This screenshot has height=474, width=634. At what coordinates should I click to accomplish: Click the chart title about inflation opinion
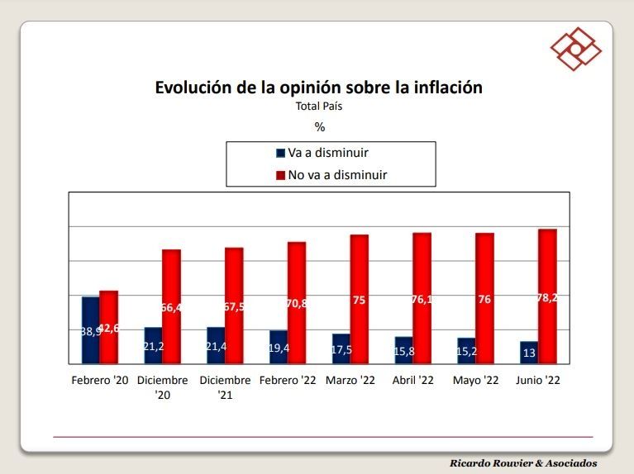coord(318,88)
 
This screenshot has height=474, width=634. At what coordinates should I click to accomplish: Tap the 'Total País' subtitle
coord(319,107)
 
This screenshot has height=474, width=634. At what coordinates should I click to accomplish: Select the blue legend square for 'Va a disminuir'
coord(280,153)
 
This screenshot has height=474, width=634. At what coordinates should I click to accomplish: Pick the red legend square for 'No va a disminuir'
coord(280,175)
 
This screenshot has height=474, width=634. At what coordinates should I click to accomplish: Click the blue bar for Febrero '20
coord(91,330)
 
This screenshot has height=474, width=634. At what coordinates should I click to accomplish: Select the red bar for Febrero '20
coord(109,327)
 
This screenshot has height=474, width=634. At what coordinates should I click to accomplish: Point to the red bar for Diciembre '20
coord(171,306)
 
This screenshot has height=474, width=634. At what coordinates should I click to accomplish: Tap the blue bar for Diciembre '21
coord(216,345)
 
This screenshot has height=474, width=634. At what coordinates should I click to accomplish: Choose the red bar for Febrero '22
coord(296,303)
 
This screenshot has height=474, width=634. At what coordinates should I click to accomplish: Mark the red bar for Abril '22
coord(422,298)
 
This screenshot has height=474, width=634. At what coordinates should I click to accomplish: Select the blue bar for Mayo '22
coord(466,351)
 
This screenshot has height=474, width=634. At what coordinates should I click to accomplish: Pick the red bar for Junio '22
coord(547,296)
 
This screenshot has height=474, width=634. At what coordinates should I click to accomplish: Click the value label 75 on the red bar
coord(360,301)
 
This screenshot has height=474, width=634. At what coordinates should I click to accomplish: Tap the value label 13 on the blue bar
coord(529,353)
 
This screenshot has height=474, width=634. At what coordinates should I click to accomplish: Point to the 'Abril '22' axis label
coord(413,381)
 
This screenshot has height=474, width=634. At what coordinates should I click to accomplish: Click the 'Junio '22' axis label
coord(538,381)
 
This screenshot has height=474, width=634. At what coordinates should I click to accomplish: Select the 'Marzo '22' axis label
coord(350,381)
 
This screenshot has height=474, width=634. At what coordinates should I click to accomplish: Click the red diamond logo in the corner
coord(576,48)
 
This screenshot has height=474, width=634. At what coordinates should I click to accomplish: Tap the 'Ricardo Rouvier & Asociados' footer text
coord(523,463)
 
